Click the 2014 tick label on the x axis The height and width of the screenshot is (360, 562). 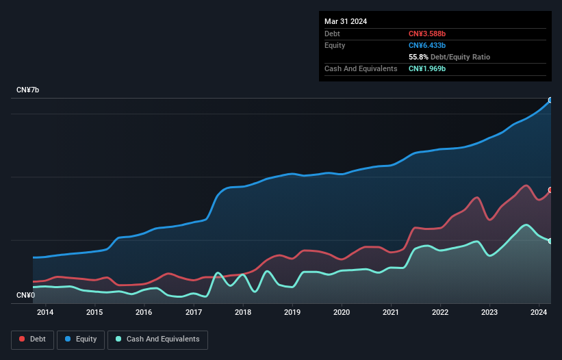(x=45, y=312)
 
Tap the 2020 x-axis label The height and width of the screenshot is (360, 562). (x=342, y=312)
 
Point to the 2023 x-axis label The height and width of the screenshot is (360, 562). (x=489, y=312)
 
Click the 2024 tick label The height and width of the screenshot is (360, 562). (x=539, y=312)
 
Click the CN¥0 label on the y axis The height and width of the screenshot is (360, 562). (x=25, y=296)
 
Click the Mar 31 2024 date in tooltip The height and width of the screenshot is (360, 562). (x=346, y=21)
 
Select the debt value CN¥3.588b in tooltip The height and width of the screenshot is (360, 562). (x=426, y=34)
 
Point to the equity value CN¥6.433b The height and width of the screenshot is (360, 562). (x=426, y=45)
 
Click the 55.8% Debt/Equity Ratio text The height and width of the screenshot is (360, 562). (x=449, y=57)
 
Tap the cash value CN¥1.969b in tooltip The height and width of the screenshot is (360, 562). (x=426, y=68)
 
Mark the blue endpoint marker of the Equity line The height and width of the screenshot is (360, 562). (x=550, y=100)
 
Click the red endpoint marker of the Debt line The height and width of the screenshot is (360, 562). (x=550, y=190)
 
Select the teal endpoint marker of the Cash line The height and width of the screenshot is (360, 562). (x=550, y=241)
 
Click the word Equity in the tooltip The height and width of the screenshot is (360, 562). (x=335, y=45)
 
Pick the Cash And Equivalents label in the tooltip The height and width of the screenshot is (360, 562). (x=361, y=68)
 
